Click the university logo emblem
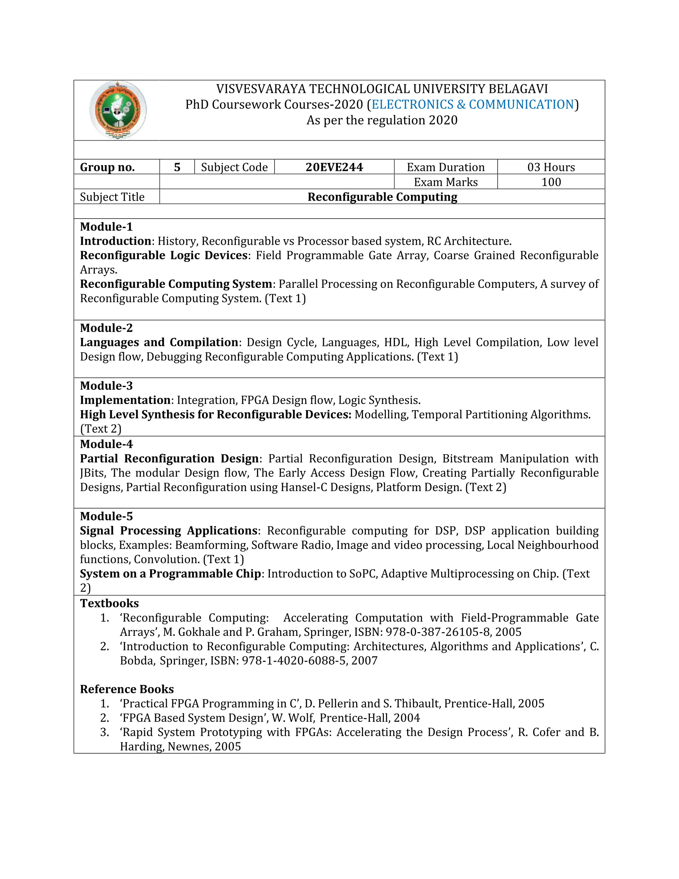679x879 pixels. pos(117,110)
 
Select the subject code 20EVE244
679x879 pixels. pos(334,167)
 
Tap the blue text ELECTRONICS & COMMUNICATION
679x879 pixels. pos(473,104)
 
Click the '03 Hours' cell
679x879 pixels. pos(551,167)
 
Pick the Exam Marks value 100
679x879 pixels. pos(551,182)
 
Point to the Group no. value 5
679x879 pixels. pos(177,167)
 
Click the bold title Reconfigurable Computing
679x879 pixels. pos(382,197)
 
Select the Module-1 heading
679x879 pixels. pos(106,227)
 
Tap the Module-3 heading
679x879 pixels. pos(106,385)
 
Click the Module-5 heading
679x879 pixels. pos(106,516)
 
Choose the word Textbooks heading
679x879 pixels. pos(109,603)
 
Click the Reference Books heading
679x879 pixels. pos(127,689)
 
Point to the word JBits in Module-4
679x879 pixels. pos(93,473)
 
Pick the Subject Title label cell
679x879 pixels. pos(112,197)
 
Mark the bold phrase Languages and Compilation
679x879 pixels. pos(159,342)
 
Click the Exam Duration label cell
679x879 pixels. pos(445,167)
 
